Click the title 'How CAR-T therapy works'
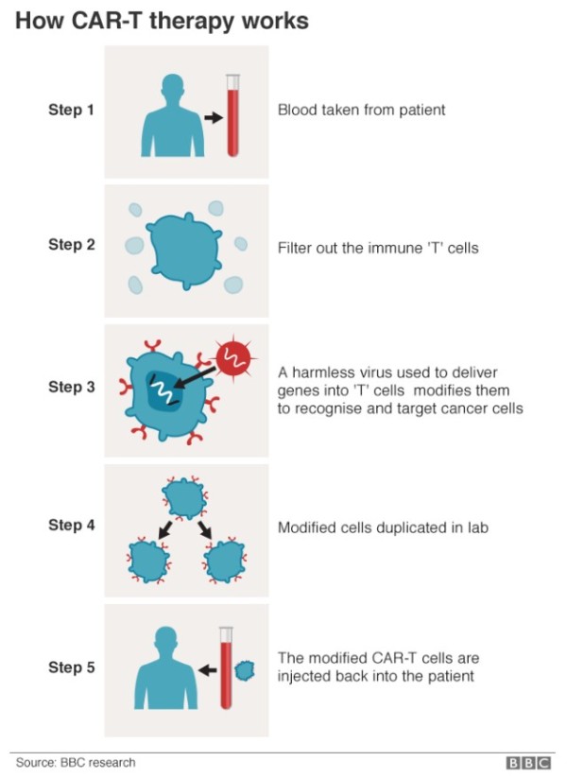tap(162, 21)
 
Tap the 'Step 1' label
tap(72, 110)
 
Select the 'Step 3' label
tap(72, 387)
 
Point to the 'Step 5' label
tap(72, 667)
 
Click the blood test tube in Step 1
tap(232, 115)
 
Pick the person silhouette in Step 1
tap(173, 117)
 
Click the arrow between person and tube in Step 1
tap(213, 117)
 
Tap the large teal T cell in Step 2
tap(184, 249)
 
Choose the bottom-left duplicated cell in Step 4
tap(148, 562)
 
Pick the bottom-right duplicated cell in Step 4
tap(223, 562)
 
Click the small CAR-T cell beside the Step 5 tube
tap(244, 670)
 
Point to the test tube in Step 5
tap(225, 669)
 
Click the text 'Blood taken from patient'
tap(361, 110)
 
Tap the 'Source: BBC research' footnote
tap(76, 762)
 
